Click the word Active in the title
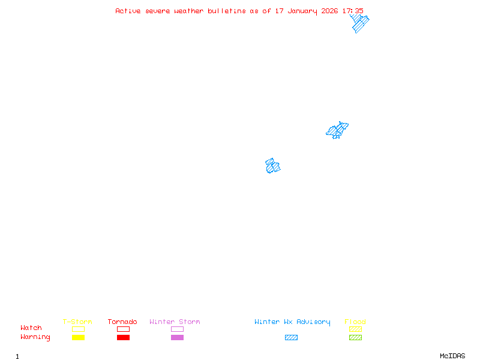128,11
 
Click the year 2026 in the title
329,11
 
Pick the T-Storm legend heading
77,322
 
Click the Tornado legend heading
122,322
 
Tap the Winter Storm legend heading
175,322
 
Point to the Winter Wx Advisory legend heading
292,322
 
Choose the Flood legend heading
355,322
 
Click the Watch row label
31,328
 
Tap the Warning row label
35,337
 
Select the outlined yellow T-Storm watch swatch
78,329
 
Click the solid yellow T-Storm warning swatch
78,337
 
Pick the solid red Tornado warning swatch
123,337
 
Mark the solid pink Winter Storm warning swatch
177,337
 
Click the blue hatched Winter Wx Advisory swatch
291,337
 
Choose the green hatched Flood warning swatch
355,337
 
